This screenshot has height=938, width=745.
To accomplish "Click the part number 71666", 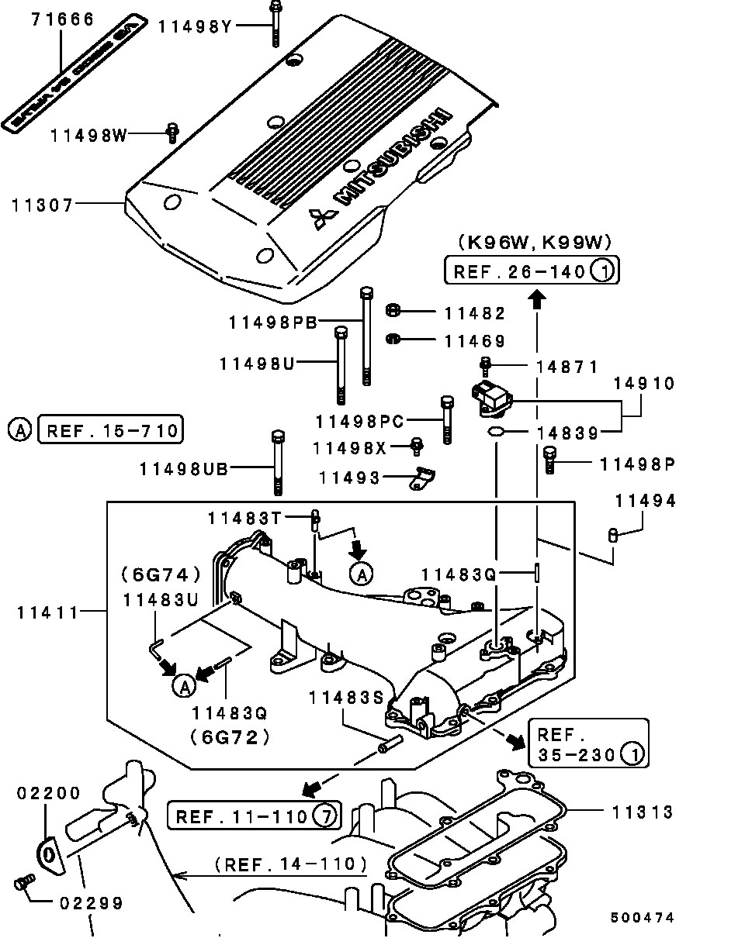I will pos(62,19).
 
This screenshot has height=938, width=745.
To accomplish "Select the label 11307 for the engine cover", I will pos(43,205).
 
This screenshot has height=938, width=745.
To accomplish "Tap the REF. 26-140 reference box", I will pos(532,271).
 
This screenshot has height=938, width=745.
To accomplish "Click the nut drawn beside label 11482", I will pos(393,312).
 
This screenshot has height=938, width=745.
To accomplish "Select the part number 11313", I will pos(642,812).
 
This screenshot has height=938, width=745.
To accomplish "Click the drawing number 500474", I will pos(642,918).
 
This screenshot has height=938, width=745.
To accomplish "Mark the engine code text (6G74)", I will pos(161,575).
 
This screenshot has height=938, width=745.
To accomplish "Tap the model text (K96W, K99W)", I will pos(535,242).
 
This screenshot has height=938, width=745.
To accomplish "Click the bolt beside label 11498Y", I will pos(275,23).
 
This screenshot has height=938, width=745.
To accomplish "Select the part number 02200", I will pos(49,793).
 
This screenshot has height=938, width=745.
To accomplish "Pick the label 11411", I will pos(48,612).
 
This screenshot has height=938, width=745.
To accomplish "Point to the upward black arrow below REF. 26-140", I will pos(536,296).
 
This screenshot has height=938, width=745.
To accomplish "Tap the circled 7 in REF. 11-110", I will pos(326,816).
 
